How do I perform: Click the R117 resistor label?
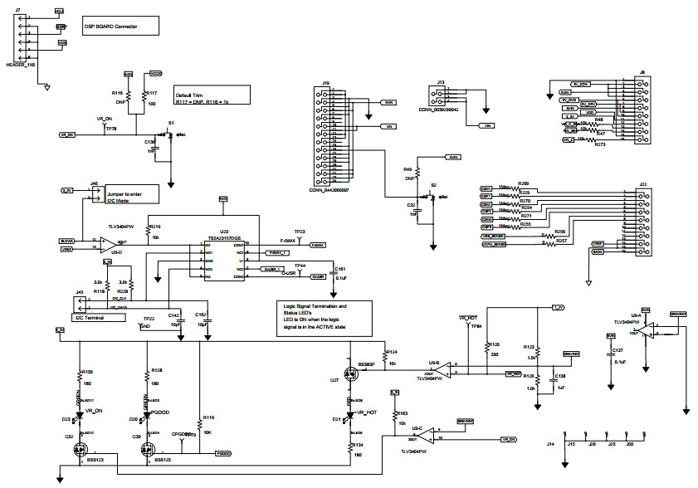tap(151, 94)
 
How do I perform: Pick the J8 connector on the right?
tap(642, 111)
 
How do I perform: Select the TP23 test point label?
tap(300, 232)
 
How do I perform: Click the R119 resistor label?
tap(208, 418)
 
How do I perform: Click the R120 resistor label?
tap(494, 344)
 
